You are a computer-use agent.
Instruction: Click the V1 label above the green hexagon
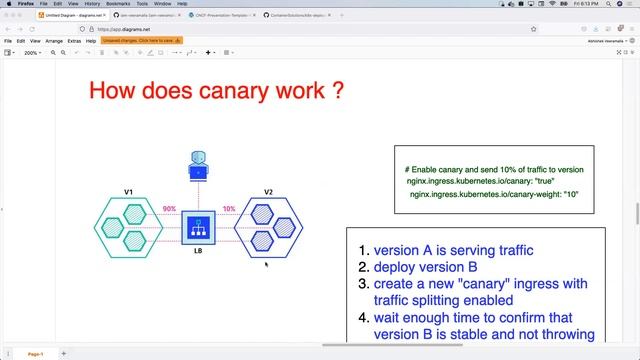pos(129,191)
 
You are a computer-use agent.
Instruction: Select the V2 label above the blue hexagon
pos(268,191)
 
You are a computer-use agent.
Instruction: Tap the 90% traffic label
pos(169,209)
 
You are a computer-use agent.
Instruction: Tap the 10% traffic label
pos(229,209)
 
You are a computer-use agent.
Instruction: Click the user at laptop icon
pos(198,165)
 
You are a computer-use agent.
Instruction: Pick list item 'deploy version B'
pos(425,267)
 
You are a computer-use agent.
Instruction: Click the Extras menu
pos(73,41)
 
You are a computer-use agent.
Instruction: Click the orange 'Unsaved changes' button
pos(142,41)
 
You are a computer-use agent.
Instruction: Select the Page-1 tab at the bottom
pos(35,354)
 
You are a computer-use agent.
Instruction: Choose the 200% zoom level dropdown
pos(32,52)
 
